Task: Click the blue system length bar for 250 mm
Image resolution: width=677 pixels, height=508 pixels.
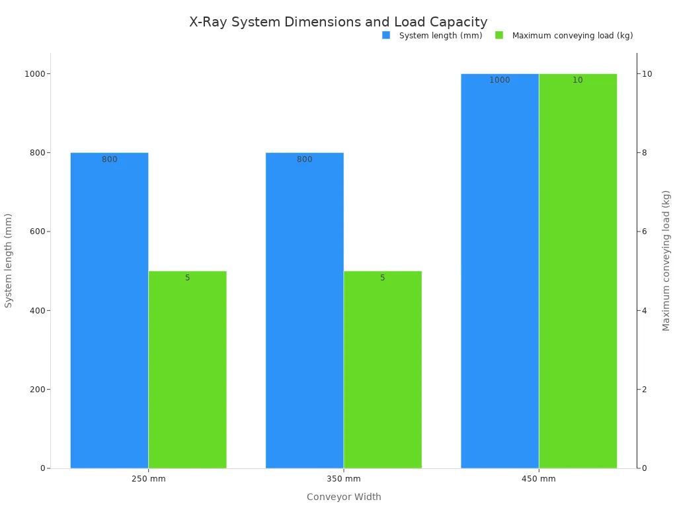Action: click(109, 311)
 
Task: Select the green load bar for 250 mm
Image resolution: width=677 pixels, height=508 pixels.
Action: click(187, 370)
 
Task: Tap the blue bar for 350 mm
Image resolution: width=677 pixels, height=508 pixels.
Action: click(304, 311)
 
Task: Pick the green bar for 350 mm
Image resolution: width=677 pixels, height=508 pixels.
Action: click(382, 370)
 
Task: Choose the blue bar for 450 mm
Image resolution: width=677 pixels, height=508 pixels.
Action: click(500, 271)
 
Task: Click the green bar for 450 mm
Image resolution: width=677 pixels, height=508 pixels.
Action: click(578, 271)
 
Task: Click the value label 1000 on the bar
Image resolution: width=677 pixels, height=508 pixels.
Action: click(500, 81)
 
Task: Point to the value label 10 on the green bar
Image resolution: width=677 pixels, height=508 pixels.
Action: click(578, 81)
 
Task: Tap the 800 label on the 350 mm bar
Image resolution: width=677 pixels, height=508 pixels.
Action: click(304, 159)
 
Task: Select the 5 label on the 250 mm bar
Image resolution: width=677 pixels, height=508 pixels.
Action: click(187, 278)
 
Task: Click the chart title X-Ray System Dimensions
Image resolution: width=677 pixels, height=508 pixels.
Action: click(338, 22)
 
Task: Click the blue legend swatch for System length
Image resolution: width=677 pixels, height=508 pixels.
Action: click(386, 35)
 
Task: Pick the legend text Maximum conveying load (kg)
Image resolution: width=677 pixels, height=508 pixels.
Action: click(573, 36)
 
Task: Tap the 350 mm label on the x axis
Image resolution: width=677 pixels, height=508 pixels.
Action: click(344, 479)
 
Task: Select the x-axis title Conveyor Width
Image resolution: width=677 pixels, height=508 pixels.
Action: click(344, 497)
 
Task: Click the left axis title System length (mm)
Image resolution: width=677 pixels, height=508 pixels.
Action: click(9, 260)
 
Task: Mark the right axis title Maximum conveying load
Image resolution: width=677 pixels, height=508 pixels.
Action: click(666, 260)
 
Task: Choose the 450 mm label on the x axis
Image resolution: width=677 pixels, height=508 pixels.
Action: click(539, 479)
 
